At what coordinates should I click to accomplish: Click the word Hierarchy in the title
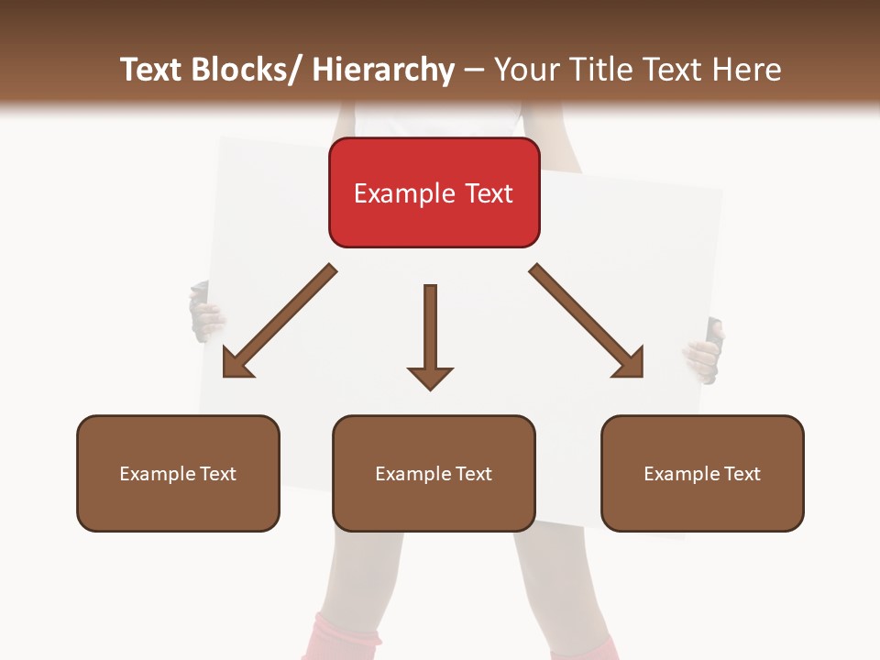[383, 70]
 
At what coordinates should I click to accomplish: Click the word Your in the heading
[525, 70]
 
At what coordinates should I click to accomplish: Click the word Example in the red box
[400, 193]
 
